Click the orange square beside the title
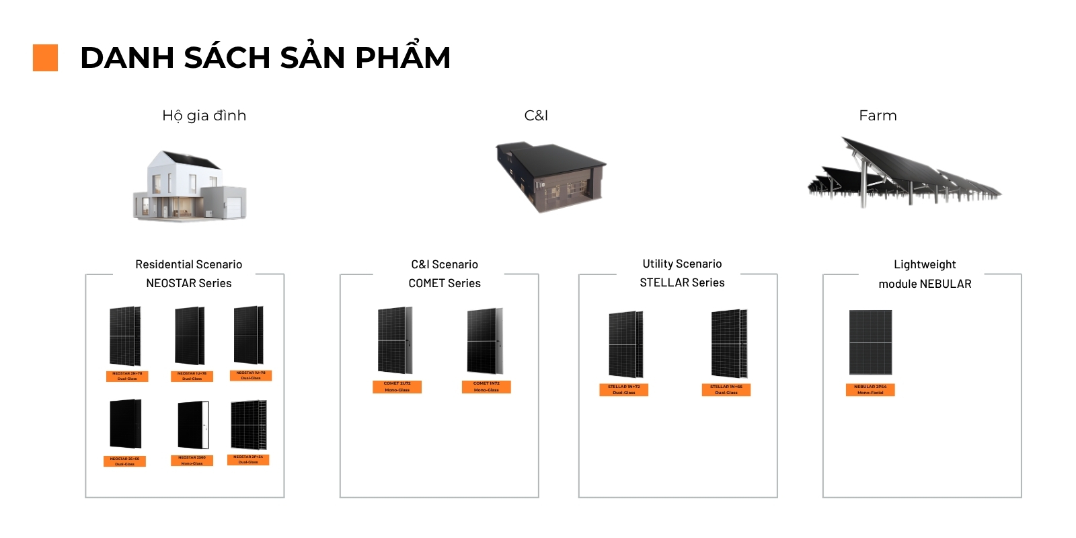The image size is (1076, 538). point(45,58)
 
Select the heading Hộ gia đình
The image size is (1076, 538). point(204,116)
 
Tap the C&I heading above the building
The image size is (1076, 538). point(536,116)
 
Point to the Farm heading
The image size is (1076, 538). point(878,116)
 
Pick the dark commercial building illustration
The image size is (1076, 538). point(550,176)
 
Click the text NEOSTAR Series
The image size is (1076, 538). point(188,283)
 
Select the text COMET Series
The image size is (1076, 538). point(445,283)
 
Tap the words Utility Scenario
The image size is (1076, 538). point(682,264)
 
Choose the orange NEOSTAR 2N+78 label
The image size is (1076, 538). point(127,376)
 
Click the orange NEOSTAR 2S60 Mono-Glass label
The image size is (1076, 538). point(192,461)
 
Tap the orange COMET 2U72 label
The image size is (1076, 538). point(397,387)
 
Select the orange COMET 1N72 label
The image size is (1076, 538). point(486,387)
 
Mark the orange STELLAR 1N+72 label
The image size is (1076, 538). point(623,390)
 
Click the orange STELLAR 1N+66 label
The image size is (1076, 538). point(726,390)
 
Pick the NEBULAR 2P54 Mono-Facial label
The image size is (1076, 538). point(870,389)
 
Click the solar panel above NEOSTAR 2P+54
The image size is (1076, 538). point(248,425)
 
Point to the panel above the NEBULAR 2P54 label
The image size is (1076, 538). point(870,342)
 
